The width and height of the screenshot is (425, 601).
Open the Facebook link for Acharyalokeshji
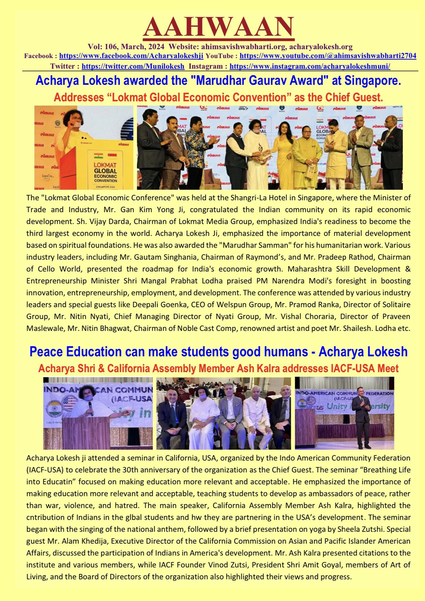tap(131, 56)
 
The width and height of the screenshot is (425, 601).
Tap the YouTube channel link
tap(328, 56)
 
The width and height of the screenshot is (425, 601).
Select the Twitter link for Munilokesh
tap(133, 66)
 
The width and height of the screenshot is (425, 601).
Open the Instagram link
tap(310, 66)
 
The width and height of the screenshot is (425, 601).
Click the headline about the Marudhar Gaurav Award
tap(218, 81)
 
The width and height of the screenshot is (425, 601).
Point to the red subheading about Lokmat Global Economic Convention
tap(218, 97)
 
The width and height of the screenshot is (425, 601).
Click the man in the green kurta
tap(307, 156)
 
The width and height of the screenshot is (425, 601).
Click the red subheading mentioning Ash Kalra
tap(218, 368)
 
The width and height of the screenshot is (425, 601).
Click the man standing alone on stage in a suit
tap(362, 417)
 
